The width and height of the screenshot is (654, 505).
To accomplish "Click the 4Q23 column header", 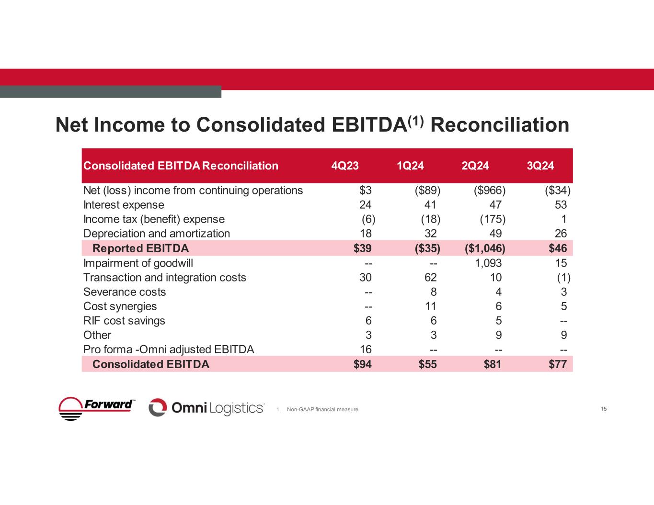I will click(x=345, y=166).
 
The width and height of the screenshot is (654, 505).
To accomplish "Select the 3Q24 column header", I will click(x=540, y=166).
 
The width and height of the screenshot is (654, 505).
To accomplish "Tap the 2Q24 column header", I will click(x=475, y=166).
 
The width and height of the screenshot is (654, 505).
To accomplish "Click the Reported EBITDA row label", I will click(x=140, y=248).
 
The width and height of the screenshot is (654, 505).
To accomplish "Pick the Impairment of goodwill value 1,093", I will click(x=485, y=263).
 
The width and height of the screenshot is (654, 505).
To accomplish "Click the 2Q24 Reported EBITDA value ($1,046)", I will click(x=485, y=248).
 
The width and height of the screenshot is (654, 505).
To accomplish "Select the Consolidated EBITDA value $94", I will click(x=362, y=364).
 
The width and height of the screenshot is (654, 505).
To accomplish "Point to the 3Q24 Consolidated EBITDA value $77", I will click(x=557, y=364).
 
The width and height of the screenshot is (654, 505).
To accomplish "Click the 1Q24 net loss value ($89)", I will click(x=427, y=191).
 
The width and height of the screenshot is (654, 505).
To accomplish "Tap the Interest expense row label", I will click(x=124, y=205).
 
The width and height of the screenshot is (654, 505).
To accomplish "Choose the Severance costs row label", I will click(x=125, y=292).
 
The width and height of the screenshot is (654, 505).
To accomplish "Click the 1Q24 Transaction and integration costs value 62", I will click(x=430, y=278).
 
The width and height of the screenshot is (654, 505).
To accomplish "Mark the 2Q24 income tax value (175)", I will click(x=493, y=219).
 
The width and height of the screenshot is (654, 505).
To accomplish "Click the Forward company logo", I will click(x=97, y=408).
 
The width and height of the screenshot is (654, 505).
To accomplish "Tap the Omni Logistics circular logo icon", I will click(x=158, y=407).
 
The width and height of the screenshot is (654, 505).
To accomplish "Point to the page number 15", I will click(x=603, y=409).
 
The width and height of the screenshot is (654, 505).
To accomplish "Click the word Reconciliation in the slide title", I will click(x=500, y=125).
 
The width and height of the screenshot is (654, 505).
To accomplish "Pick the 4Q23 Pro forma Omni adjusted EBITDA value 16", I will click(x=366, y=349).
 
